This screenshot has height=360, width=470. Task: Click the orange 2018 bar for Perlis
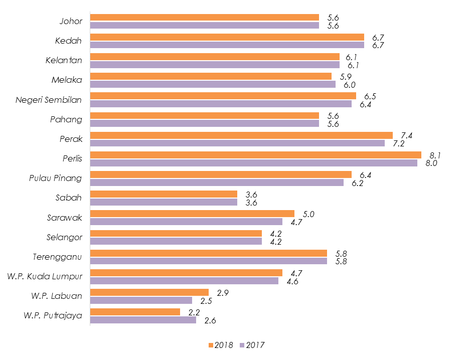click(255, 155)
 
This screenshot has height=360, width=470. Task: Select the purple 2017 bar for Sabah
click(164, 202)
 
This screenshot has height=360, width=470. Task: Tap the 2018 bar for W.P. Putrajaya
click(135, 312)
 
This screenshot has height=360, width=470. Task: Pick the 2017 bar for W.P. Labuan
click(141, 300)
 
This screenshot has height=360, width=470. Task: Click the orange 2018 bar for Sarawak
click(192, 214)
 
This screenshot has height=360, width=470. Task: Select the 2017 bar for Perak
click(237, 143)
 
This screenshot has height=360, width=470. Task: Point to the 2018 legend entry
click(220, 344)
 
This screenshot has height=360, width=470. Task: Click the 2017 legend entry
click(252, 344)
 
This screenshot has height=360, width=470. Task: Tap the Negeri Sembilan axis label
click(49, 100)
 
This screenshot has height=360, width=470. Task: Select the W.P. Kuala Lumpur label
click(45, 276)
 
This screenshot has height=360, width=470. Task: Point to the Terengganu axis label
click(57, 257)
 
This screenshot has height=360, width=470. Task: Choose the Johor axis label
click(71, 21)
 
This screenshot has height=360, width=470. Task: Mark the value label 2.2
click(194, 312)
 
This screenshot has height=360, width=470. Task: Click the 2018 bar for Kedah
click(227, 37)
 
